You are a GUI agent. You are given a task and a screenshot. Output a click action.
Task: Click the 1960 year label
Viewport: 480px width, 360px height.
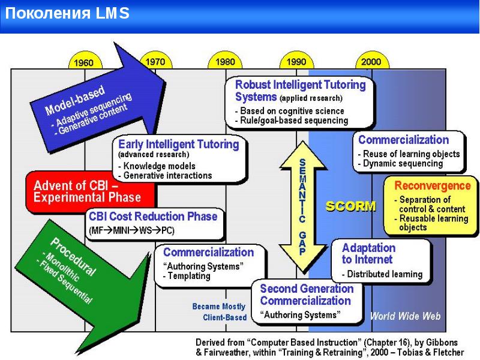(83, 62)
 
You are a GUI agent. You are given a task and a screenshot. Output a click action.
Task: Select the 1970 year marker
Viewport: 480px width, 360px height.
(155, 61)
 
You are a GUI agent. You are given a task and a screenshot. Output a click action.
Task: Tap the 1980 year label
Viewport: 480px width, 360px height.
(225, 61)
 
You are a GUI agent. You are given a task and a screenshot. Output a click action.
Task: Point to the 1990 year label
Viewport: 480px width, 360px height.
(296, 61)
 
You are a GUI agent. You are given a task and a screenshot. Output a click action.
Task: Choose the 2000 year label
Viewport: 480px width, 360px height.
(371, 61)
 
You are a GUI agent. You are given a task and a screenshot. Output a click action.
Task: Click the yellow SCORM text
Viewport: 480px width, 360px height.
(350, 206)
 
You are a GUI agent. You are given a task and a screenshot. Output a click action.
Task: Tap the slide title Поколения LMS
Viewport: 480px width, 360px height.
(67, 14)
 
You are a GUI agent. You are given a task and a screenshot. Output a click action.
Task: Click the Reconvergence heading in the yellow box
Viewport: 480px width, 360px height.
(433, 186)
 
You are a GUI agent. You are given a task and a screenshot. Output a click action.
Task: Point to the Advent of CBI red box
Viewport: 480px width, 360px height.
(87, 191)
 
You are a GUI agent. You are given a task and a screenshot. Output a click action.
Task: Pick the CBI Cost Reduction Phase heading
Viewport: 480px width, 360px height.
(153, 217)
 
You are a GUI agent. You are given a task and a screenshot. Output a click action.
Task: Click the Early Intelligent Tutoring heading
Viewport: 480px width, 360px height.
(179, 145)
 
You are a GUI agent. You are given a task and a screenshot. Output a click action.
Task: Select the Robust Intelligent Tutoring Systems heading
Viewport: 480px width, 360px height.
(300, 91)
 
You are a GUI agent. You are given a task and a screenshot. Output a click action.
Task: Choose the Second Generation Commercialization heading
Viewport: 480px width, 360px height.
(306, 295)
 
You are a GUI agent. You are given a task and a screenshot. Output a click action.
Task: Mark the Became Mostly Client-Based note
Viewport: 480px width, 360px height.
(219, 312)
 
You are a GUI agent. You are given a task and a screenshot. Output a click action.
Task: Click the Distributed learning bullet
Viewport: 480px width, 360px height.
(384, 274)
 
